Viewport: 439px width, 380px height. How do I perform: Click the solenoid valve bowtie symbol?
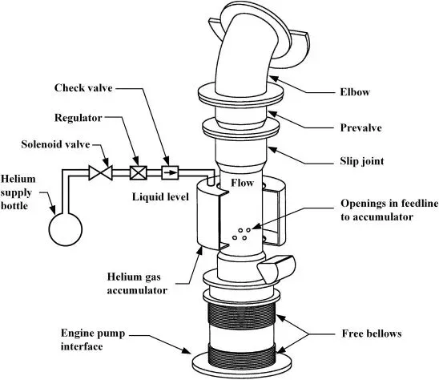[100, 172]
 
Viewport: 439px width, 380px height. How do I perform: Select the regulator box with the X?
[139, 172]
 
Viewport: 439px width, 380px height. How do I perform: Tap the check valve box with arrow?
[170, 172]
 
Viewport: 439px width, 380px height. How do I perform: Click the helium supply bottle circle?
[66, 229]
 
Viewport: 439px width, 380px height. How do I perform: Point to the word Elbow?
[355, 92]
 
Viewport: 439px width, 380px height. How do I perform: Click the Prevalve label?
[360, 127]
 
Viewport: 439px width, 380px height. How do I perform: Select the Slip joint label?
[362, 161]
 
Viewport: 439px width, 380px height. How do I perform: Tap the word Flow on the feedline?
[242, 183]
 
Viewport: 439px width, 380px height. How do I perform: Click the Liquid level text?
[160, 196]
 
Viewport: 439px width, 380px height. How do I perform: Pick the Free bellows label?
[372, 334]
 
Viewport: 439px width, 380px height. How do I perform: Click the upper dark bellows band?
[241, 316]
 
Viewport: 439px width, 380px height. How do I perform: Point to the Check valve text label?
[83, 87]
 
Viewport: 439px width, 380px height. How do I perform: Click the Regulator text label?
[79, 118]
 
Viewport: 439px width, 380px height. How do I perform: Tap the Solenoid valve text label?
[55, 144]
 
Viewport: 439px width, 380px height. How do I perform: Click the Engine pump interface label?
[93, 340]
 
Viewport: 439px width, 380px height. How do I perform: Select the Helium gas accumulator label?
[137, 284]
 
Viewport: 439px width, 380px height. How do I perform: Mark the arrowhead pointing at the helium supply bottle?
[53, 209]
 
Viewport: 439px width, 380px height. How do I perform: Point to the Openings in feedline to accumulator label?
[389, 210]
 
